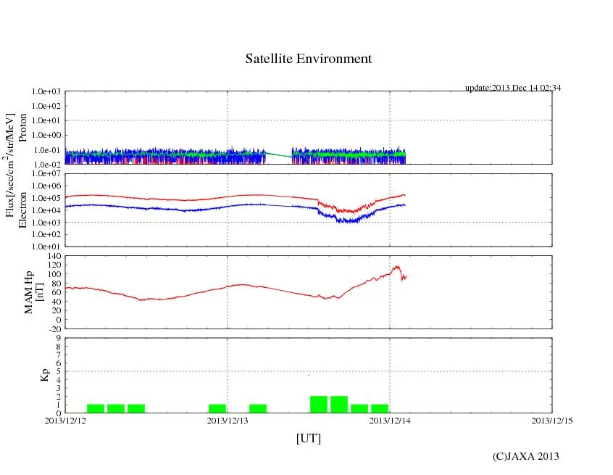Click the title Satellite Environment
(x=308, y=59)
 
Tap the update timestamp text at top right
(x=513, y=88)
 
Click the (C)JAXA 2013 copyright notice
(x=525, y=455)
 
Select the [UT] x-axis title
(x=308, y=438)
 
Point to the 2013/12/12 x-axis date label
(x=65, y=420)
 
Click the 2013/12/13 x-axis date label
(x=228, y=420)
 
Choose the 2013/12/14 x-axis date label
(x=390, y=420)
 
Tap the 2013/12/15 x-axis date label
(x=552, y=420)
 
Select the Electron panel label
(x=22, y=210)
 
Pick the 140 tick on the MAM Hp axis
(x=53, y=256)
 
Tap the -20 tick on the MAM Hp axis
(x=53, y=329)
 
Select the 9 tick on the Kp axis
(x=57, y=338)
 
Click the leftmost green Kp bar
(x=96, y=408)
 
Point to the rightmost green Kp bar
(x=380, y=408)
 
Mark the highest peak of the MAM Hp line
(x=396, y=266)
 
